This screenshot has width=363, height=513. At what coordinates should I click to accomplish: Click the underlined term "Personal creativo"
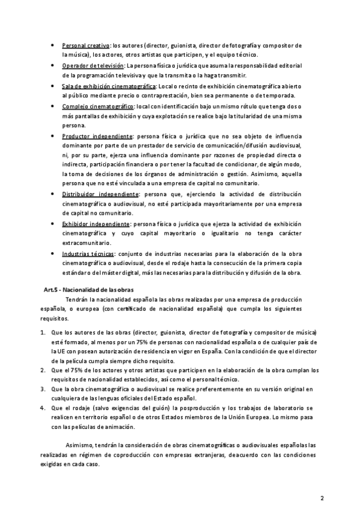[85, 46]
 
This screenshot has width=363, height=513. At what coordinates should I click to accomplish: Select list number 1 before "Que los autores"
[42, 333]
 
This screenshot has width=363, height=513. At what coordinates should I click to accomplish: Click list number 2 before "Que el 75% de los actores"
[42, 369]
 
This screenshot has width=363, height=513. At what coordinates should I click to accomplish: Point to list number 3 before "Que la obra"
[42, 389]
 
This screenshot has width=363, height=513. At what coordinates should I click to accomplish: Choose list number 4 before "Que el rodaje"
[42, 408]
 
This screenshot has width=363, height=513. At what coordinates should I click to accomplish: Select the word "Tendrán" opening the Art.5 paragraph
[76, 300]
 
